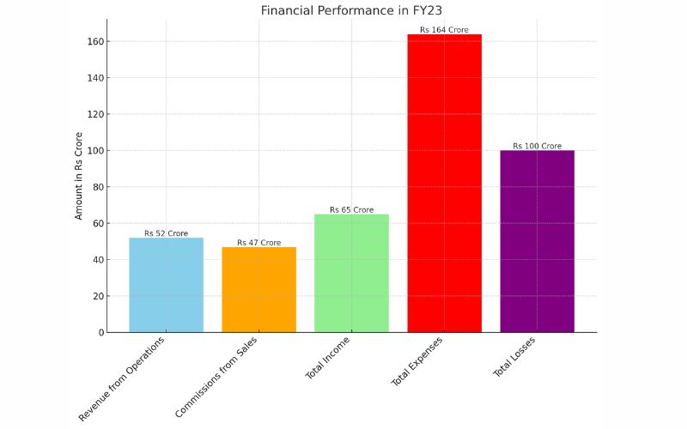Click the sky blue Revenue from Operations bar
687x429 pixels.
(166, 285)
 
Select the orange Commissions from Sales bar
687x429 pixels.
(258, 289)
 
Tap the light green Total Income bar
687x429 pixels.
(351, 273)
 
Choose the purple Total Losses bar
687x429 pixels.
(537, 241)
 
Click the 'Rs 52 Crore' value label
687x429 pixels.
(166, 233)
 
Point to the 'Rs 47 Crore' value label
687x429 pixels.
(258, 243)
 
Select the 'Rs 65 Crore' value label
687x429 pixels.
(351, 210)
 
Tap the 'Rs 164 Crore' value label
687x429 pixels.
(444, 30)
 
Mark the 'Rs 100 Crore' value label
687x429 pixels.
(537, 146)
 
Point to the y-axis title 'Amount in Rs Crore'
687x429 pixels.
(79, 176)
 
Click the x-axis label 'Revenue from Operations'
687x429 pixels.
(123, 378)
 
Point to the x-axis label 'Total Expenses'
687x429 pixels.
(417, 362)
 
